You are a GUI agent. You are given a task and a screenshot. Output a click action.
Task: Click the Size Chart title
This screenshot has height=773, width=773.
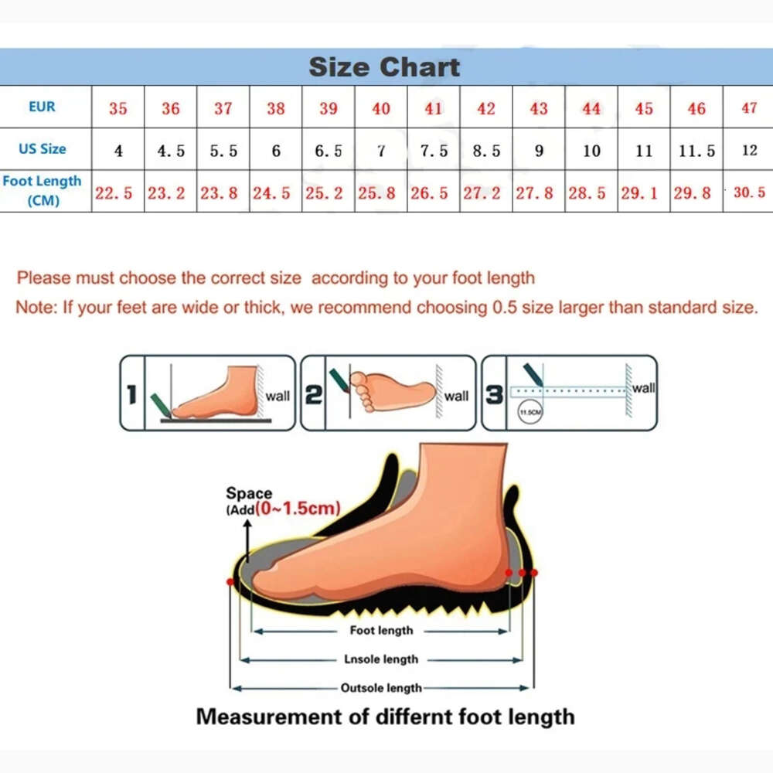click(384, 66)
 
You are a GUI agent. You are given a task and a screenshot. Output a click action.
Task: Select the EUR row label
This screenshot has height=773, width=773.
click(42, 107)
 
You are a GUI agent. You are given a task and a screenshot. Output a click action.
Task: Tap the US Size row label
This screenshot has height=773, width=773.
click(43, 148)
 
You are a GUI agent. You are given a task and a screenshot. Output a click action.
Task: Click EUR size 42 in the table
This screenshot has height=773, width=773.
click(486, 108)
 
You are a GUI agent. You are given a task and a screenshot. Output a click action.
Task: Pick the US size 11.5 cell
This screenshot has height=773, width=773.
click(696, 151)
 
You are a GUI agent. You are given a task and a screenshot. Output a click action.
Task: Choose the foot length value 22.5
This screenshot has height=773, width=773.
click(114, 192)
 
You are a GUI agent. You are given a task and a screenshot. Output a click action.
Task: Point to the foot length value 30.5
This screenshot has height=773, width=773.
click(749, 192)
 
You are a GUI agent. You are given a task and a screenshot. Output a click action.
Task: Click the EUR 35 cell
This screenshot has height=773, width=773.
click(117, 108)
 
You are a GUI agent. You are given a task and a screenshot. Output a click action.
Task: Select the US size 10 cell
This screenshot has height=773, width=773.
click(591, 151)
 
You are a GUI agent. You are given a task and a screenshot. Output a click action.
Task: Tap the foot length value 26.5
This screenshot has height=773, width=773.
click(429, 192)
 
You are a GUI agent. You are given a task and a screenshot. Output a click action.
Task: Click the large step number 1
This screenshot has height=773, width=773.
click(131, 395)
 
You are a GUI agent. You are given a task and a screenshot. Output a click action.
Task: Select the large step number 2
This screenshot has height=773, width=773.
click(314, 395)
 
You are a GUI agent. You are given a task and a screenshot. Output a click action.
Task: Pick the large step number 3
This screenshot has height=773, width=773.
click(494, 395)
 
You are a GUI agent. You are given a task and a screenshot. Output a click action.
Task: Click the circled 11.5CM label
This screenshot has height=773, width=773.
click(530, 412)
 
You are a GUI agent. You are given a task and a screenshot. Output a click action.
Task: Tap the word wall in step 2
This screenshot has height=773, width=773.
click(456, 396)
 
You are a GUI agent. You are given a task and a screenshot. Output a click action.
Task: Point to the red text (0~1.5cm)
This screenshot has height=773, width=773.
click(298, 508)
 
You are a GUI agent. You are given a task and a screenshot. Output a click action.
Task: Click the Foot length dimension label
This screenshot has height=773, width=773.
click(382, 630)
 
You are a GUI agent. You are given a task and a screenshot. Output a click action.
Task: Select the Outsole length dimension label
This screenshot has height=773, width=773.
click(381, 688)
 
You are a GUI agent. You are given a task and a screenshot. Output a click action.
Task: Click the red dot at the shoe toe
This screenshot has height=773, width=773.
click(230, 582)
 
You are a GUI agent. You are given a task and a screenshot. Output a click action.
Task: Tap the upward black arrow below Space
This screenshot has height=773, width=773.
click(247, 541)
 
